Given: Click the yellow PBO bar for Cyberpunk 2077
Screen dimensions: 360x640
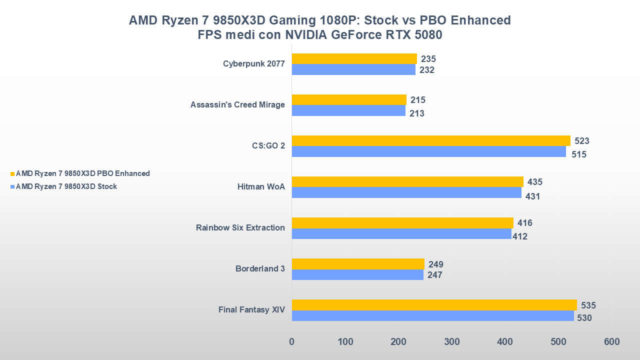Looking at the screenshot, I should tap(354, 58).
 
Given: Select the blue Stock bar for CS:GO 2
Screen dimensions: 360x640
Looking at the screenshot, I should tap(428, 151).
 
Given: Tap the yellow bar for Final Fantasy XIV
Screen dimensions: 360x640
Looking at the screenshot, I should tap(434, 305).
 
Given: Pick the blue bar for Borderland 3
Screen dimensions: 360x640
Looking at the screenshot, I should tap(357, 274).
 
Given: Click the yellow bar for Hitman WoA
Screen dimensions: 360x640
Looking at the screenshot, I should tap(407, 181).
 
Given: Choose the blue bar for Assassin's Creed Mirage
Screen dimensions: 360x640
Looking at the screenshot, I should tap(348, 110).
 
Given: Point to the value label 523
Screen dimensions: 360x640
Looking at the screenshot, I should tap(582, 141).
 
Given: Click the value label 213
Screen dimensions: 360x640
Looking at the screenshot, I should tap(417, 113).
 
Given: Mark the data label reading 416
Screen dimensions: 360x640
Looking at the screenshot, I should tap(525, 223).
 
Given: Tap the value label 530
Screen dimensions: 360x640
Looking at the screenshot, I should tap(584, 317).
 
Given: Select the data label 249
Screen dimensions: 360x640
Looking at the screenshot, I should tap(436, 264).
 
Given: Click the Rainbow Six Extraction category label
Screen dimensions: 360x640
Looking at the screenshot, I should tap(240, 228).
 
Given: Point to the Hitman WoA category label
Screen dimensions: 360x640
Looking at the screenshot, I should tap(261, 187).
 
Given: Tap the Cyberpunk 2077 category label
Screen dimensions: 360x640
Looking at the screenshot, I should tap(254, 64).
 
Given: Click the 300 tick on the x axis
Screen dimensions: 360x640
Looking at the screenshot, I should tap(451, 342).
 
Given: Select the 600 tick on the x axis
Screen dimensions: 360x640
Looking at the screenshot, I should tap(611, 342).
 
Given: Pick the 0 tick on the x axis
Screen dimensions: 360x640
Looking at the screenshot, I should tap(292, 342).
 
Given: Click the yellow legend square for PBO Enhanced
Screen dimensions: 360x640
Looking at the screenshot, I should tap(12, 174).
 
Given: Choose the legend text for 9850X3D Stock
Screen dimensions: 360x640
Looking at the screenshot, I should tap(66, 186).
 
